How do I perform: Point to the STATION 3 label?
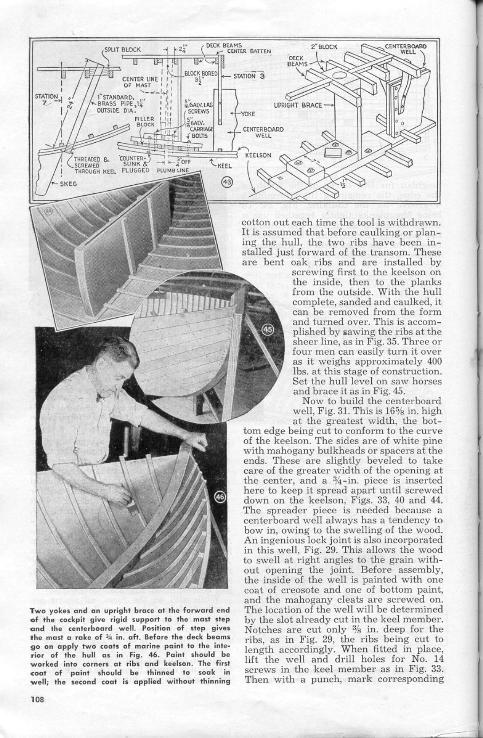[249, 76]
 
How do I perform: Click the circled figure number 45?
[270, 330]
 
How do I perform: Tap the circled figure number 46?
[220, 497]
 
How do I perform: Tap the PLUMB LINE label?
[173, 170]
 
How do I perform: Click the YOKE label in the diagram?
[247, 113]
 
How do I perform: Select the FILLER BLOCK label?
[145, 121]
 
